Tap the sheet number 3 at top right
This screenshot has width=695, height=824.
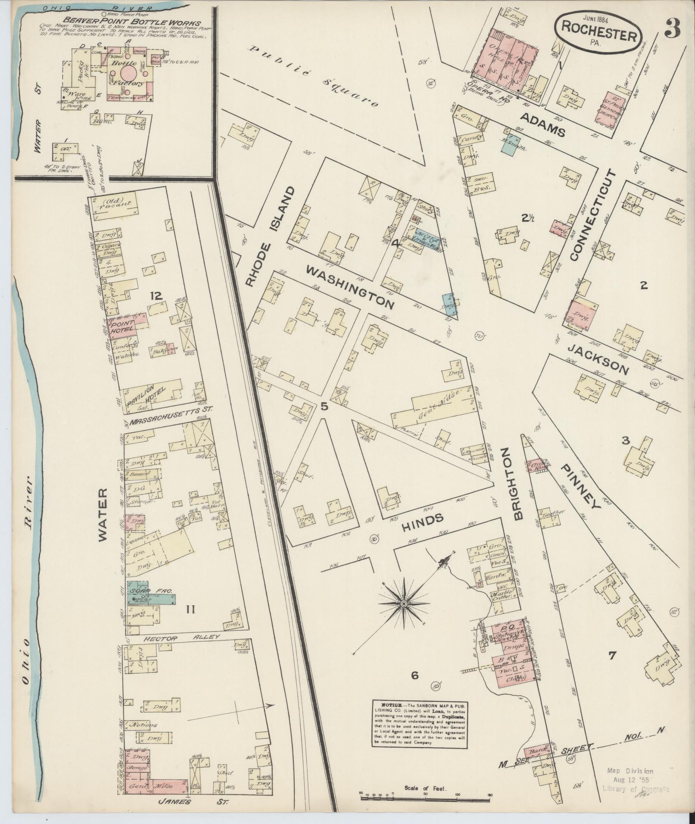672,30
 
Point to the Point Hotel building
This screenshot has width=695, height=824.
123,325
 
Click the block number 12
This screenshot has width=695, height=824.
156,295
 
